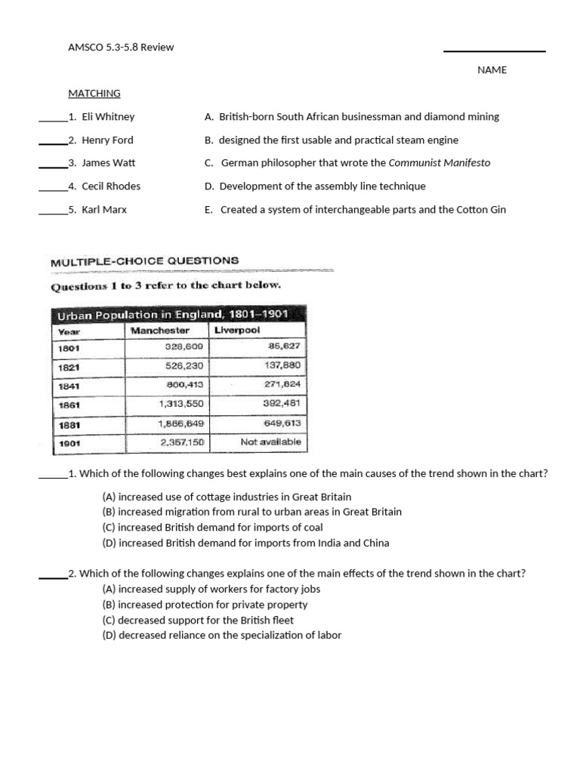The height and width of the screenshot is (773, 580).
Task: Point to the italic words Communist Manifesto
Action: pos(440,163)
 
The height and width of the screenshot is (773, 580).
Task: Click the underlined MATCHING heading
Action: pos(94,94)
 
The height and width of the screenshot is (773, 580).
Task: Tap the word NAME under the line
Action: pos(492,70)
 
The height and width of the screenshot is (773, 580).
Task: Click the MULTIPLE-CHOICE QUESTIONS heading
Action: pos(144,262)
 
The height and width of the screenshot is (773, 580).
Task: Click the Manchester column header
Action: pos(159,331)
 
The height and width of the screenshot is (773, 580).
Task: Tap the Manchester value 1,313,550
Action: pos(182,404)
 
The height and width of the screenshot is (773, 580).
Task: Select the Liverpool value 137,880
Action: pos(282,365)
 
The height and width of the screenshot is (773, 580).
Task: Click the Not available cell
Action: pos(270,442)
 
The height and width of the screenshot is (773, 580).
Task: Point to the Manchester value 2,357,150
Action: pos(182,442)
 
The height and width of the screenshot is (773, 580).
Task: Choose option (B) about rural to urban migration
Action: pos(251,512)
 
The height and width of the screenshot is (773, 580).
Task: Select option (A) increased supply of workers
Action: pos(212,590)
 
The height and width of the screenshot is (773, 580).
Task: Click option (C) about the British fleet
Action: pos(198,621)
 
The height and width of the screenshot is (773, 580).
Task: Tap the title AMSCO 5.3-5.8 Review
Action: pos(121,48)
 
